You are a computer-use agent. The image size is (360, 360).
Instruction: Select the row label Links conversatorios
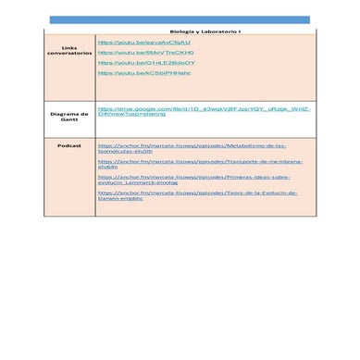point(68,50)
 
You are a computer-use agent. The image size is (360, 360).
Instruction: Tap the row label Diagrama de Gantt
point(68,115)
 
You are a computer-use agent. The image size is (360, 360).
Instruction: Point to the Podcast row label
point(68,145)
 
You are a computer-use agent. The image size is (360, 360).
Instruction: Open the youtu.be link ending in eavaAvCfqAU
point(143,42)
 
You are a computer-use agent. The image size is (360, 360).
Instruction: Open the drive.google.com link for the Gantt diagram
point(204,111)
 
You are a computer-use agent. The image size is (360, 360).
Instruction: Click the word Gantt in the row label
point(68,118)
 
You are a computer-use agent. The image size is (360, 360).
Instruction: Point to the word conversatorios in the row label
point(68,53)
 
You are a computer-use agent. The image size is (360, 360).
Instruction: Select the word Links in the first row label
point(68,46)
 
